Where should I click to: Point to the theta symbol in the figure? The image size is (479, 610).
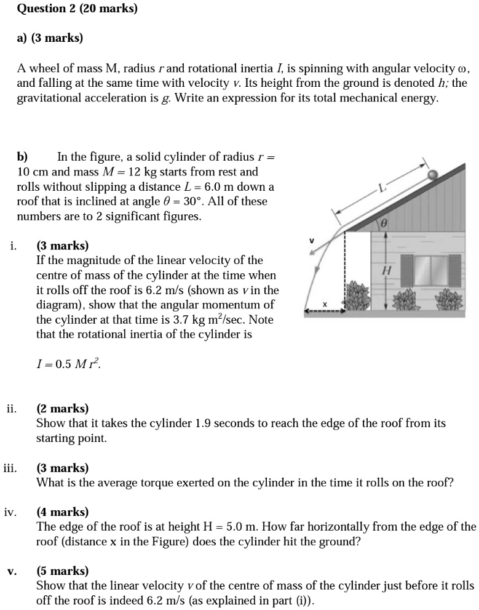384,226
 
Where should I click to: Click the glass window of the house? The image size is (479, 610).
430,271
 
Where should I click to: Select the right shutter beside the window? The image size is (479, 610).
456,271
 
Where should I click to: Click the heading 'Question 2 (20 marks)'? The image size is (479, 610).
77,9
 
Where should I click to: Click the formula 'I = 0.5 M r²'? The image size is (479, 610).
68,364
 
